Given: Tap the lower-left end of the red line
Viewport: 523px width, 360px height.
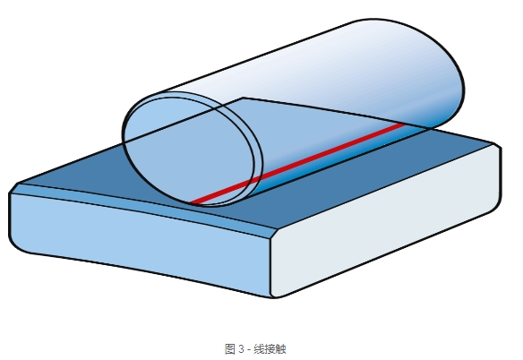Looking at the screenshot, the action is tap(193, 202).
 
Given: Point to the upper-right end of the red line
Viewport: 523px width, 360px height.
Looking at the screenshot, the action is tap(404, 124).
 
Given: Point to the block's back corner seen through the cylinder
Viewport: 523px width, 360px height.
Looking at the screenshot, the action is tap(243, 99).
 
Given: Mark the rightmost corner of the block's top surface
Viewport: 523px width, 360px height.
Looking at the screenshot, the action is tap(493, 143).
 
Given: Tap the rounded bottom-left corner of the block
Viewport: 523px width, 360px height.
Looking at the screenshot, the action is tap(17, 245).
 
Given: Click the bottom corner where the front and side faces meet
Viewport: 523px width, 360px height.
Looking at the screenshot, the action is tap(273, 296).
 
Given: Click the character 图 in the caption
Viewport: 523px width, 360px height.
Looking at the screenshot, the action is tap(230, 349).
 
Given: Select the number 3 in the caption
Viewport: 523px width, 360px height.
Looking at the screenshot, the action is tap(241, 349).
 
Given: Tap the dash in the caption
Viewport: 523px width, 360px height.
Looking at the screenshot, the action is tap(248, 350).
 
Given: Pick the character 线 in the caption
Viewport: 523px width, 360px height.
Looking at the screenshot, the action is tap(259, 349).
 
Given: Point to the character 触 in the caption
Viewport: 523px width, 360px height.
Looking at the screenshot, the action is tap(281, 349).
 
